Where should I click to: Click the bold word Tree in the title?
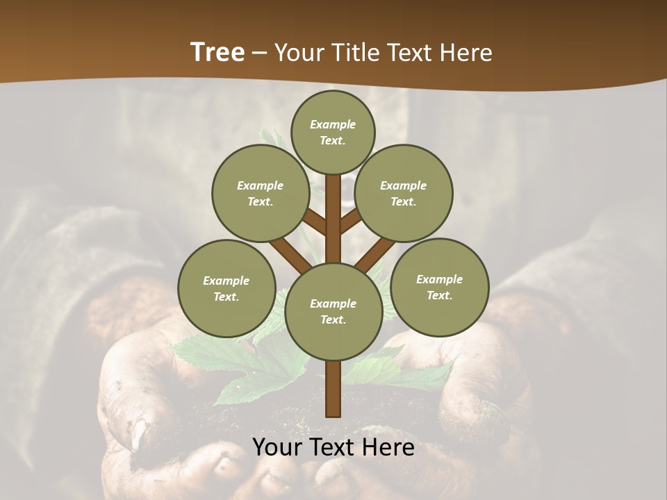[217, 52]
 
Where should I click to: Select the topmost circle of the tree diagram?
[333, 132]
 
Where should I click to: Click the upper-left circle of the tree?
[260, 193]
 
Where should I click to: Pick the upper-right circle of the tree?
[403, 193]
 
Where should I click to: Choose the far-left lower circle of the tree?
[227, 288]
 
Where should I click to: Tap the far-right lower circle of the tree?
[439, 287]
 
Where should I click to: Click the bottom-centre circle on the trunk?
[333, 311]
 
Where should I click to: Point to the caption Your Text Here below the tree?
[333, 447]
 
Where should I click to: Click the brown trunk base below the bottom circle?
[333, 389]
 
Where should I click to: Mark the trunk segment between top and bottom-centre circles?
[333, 219]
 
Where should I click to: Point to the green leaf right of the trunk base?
[403, 372]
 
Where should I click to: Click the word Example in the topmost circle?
[333, 124]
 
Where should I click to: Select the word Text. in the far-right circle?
[439, 295]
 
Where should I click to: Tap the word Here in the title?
[466, 53]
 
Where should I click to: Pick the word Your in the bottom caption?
[277, 447]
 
